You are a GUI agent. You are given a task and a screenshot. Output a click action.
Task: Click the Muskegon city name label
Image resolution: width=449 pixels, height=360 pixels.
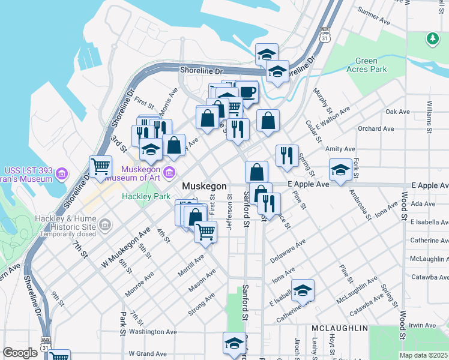(x=204, y=187)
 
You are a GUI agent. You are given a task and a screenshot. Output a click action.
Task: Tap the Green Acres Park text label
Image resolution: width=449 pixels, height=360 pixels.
(x=370, y=65)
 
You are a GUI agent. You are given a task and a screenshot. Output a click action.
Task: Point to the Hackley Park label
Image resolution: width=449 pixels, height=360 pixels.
(x=142, y=196)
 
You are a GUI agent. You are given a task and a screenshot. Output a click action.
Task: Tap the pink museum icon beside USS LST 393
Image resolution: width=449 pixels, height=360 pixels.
(x=61, y=175)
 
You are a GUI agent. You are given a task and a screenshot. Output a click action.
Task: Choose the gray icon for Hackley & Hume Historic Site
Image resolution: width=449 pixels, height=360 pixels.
(x=105, y=226)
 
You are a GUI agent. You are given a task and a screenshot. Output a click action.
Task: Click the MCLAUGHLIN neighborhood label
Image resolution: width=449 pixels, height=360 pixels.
(x=339, y=329)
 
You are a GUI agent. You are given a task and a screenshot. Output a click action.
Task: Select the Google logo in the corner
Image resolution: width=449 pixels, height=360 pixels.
(x=20, y=353)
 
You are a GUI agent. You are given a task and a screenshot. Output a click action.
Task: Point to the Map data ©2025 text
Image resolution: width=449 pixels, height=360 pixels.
(x=423, y=355)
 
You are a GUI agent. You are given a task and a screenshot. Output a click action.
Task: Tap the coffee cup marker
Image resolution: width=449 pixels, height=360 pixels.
(x=247, y=92)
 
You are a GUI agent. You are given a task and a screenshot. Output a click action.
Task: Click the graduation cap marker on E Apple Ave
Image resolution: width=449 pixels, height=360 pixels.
(x=340, y=170)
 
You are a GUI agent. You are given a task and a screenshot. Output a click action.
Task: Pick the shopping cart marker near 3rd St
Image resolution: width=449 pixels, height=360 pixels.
(x=100, y=166)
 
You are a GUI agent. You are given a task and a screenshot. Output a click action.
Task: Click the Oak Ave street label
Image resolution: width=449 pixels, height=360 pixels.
(x=397, y=112)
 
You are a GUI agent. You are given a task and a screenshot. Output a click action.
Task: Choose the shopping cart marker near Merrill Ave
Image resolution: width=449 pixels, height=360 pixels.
(x=206, y=231)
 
